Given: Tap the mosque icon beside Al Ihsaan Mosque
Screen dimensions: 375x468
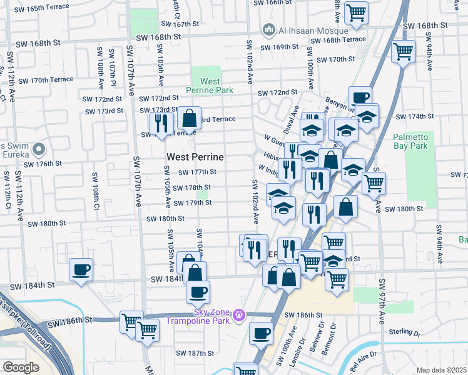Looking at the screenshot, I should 269,29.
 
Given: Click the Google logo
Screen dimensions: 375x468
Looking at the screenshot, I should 21,367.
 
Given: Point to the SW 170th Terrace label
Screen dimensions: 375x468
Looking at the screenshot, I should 46,81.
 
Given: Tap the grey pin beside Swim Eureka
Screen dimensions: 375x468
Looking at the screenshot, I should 39,149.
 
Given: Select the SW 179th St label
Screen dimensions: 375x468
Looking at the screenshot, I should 190,203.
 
